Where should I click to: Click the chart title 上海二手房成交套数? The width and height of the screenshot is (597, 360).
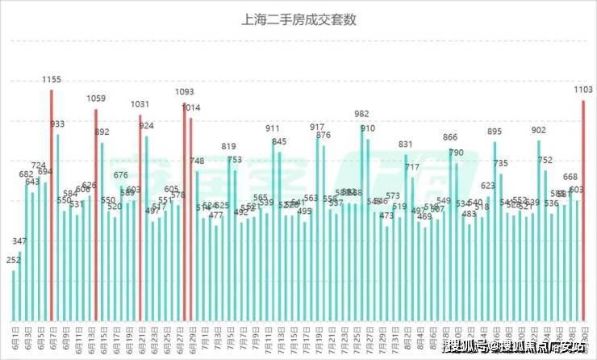tap(299, 19)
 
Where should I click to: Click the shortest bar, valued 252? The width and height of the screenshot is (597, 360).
tap(14, 294)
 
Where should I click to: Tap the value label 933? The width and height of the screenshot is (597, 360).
tap(58, 124)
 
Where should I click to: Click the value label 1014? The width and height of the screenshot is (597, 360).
tap(191, 107)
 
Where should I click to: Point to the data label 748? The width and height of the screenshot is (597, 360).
tap(198, 161)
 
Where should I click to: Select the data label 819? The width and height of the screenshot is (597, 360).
tap(229, 147)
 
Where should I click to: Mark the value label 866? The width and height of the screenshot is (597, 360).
tap(450, 137)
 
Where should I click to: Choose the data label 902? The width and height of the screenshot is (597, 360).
tap(539, 130)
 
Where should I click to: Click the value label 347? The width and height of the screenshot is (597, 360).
tap(20, 241)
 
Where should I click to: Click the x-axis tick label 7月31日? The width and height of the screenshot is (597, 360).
tap(395, 337)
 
